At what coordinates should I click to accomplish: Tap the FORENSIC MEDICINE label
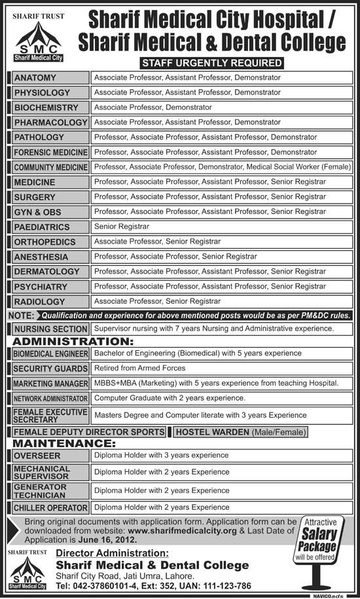[x=50, y=153]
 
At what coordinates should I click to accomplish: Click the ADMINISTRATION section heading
[x=73, y=341]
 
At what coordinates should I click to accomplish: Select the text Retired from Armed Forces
[x=139, y=369]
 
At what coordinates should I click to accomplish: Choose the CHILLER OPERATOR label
[x=50, y=507]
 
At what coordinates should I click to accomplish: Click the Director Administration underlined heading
[x=116, y=554]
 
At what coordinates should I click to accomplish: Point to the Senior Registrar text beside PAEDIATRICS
[x=122, y=227]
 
